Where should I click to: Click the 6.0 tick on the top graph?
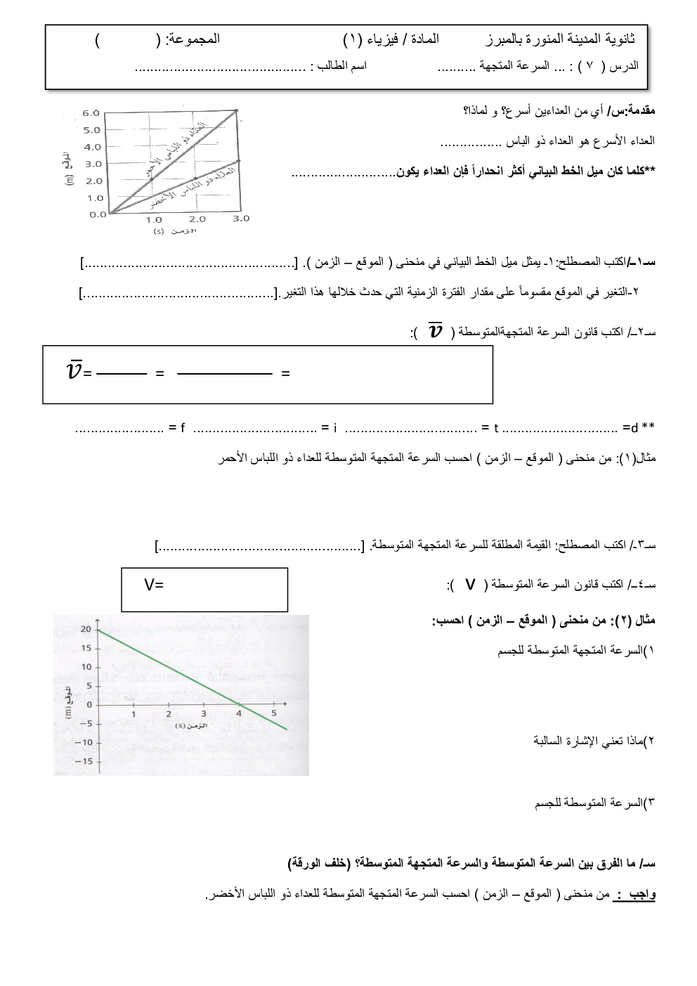91,113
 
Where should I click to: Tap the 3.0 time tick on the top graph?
240,219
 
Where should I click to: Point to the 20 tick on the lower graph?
86,629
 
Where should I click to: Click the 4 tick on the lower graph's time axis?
239,713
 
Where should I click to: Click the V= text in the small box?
154,584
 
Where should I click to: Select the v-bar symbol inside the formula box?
74,370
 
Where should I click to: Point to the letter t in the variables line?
495,427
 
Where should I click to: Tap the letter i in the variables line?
335,427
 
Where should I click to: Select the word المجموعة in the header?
193,39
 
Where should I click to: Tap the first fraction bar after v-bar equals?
121,374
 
